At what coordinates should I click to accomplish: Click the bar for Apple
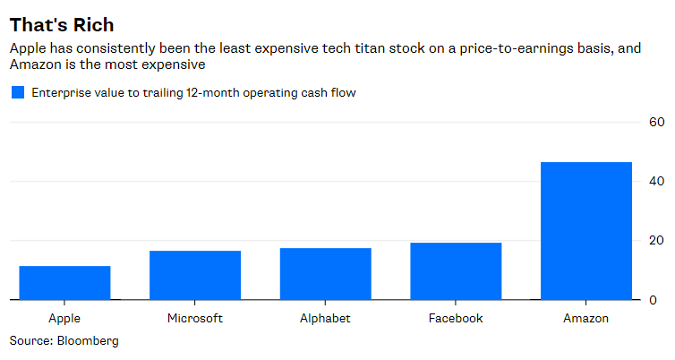click(x=64, y=282)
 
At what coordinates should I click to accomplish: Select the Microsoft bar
click(x=195, y=275)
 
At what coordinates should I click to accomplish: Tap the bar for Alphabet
click(x=326, y=273)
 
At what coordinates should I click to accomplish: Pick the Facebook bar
click(x=457, y=270)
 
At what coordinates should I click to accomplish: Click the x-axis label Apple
click(x=64, y=318)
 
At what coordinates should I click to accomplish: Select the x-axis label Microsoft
click(x=195, y=318)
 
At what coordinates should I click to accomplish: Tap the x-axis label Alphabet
click(x=326, y=318)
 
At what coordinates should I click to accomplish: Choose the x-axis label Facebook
click(x=457, y=318)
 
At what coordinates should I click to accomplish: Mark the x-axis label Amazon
click(x=586, y=318)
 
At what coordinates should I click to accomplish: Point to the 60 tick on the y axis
click(x=656, y=122)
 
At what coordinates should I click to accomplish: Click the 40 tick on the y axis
click(x=656, y=181)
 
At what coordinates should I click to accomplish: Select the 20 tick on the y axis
click(x=656, y=240)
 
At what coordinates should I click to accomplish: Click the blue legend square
click(x=16, y=92)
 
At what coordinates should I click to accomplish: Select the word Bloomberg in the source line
click(x=88, y=341)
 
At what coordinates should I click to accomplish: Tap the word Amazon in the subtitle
click(x=37, y=65)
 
